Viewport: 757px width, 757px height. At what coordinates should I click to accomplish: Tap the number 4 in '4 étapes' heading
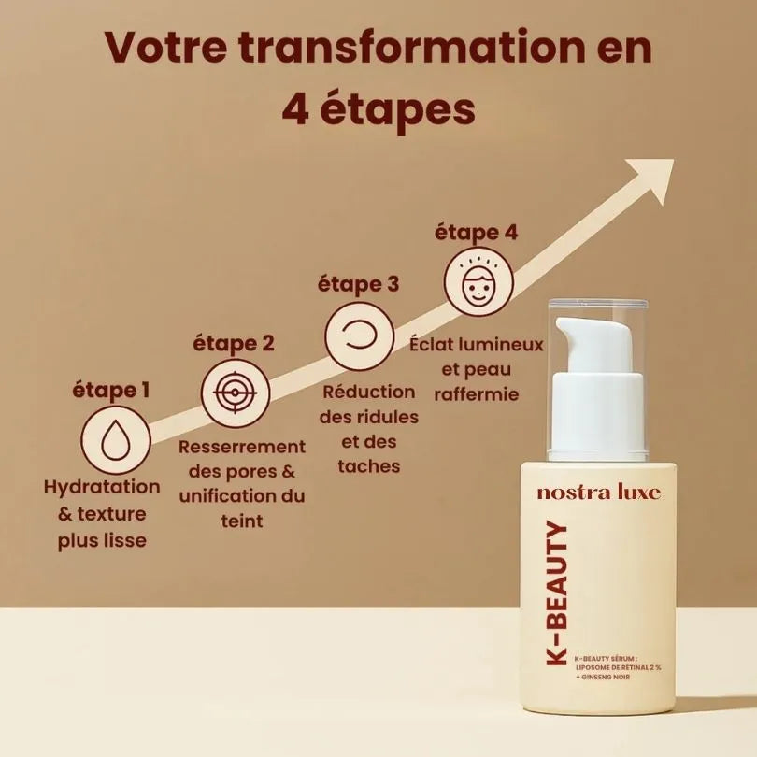[297, 110]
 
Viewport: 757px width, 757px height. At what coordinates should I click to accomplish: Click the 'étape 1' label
[111, 390]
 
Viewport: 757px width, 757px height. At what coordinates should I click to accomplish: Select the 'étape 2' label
[234, 343]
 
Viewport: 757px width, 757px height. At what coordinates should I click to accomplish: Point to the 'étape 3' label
[359, 283]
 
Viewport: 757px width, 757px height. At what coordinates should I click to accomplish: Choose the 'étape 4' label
[476, 233]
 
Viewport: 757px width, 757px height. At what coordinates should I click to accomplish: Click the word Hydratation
[102, 488]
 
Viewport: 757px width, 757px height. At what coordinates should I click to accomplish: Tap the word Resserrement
[242, 447]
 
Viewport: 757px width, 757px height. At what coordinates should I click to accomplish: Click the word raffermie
[477, 394]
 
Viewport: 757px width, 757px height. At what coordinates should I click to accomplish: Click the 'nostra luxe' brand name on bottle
[599, 493]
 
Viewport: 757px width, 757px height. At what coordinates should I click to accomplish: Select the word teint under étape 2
[241, 521]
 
